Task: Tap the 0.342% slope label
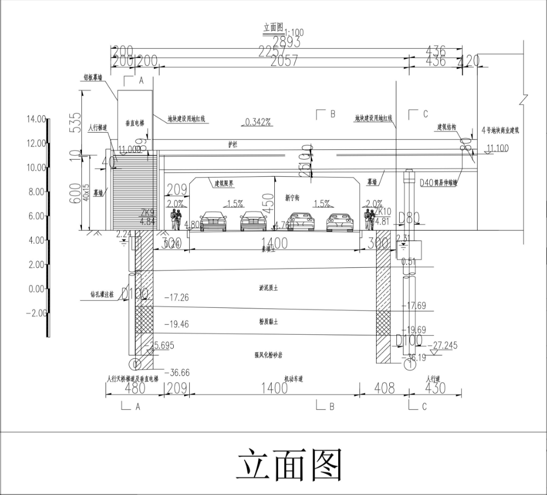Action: (258, 122)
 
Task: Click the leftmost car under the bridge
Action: (213, 221)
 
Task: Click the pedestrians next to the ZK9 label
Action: (176, 219)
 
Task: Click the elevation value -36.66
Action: (176, 373)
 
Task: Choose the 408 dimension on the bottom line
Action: (384, 389)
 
